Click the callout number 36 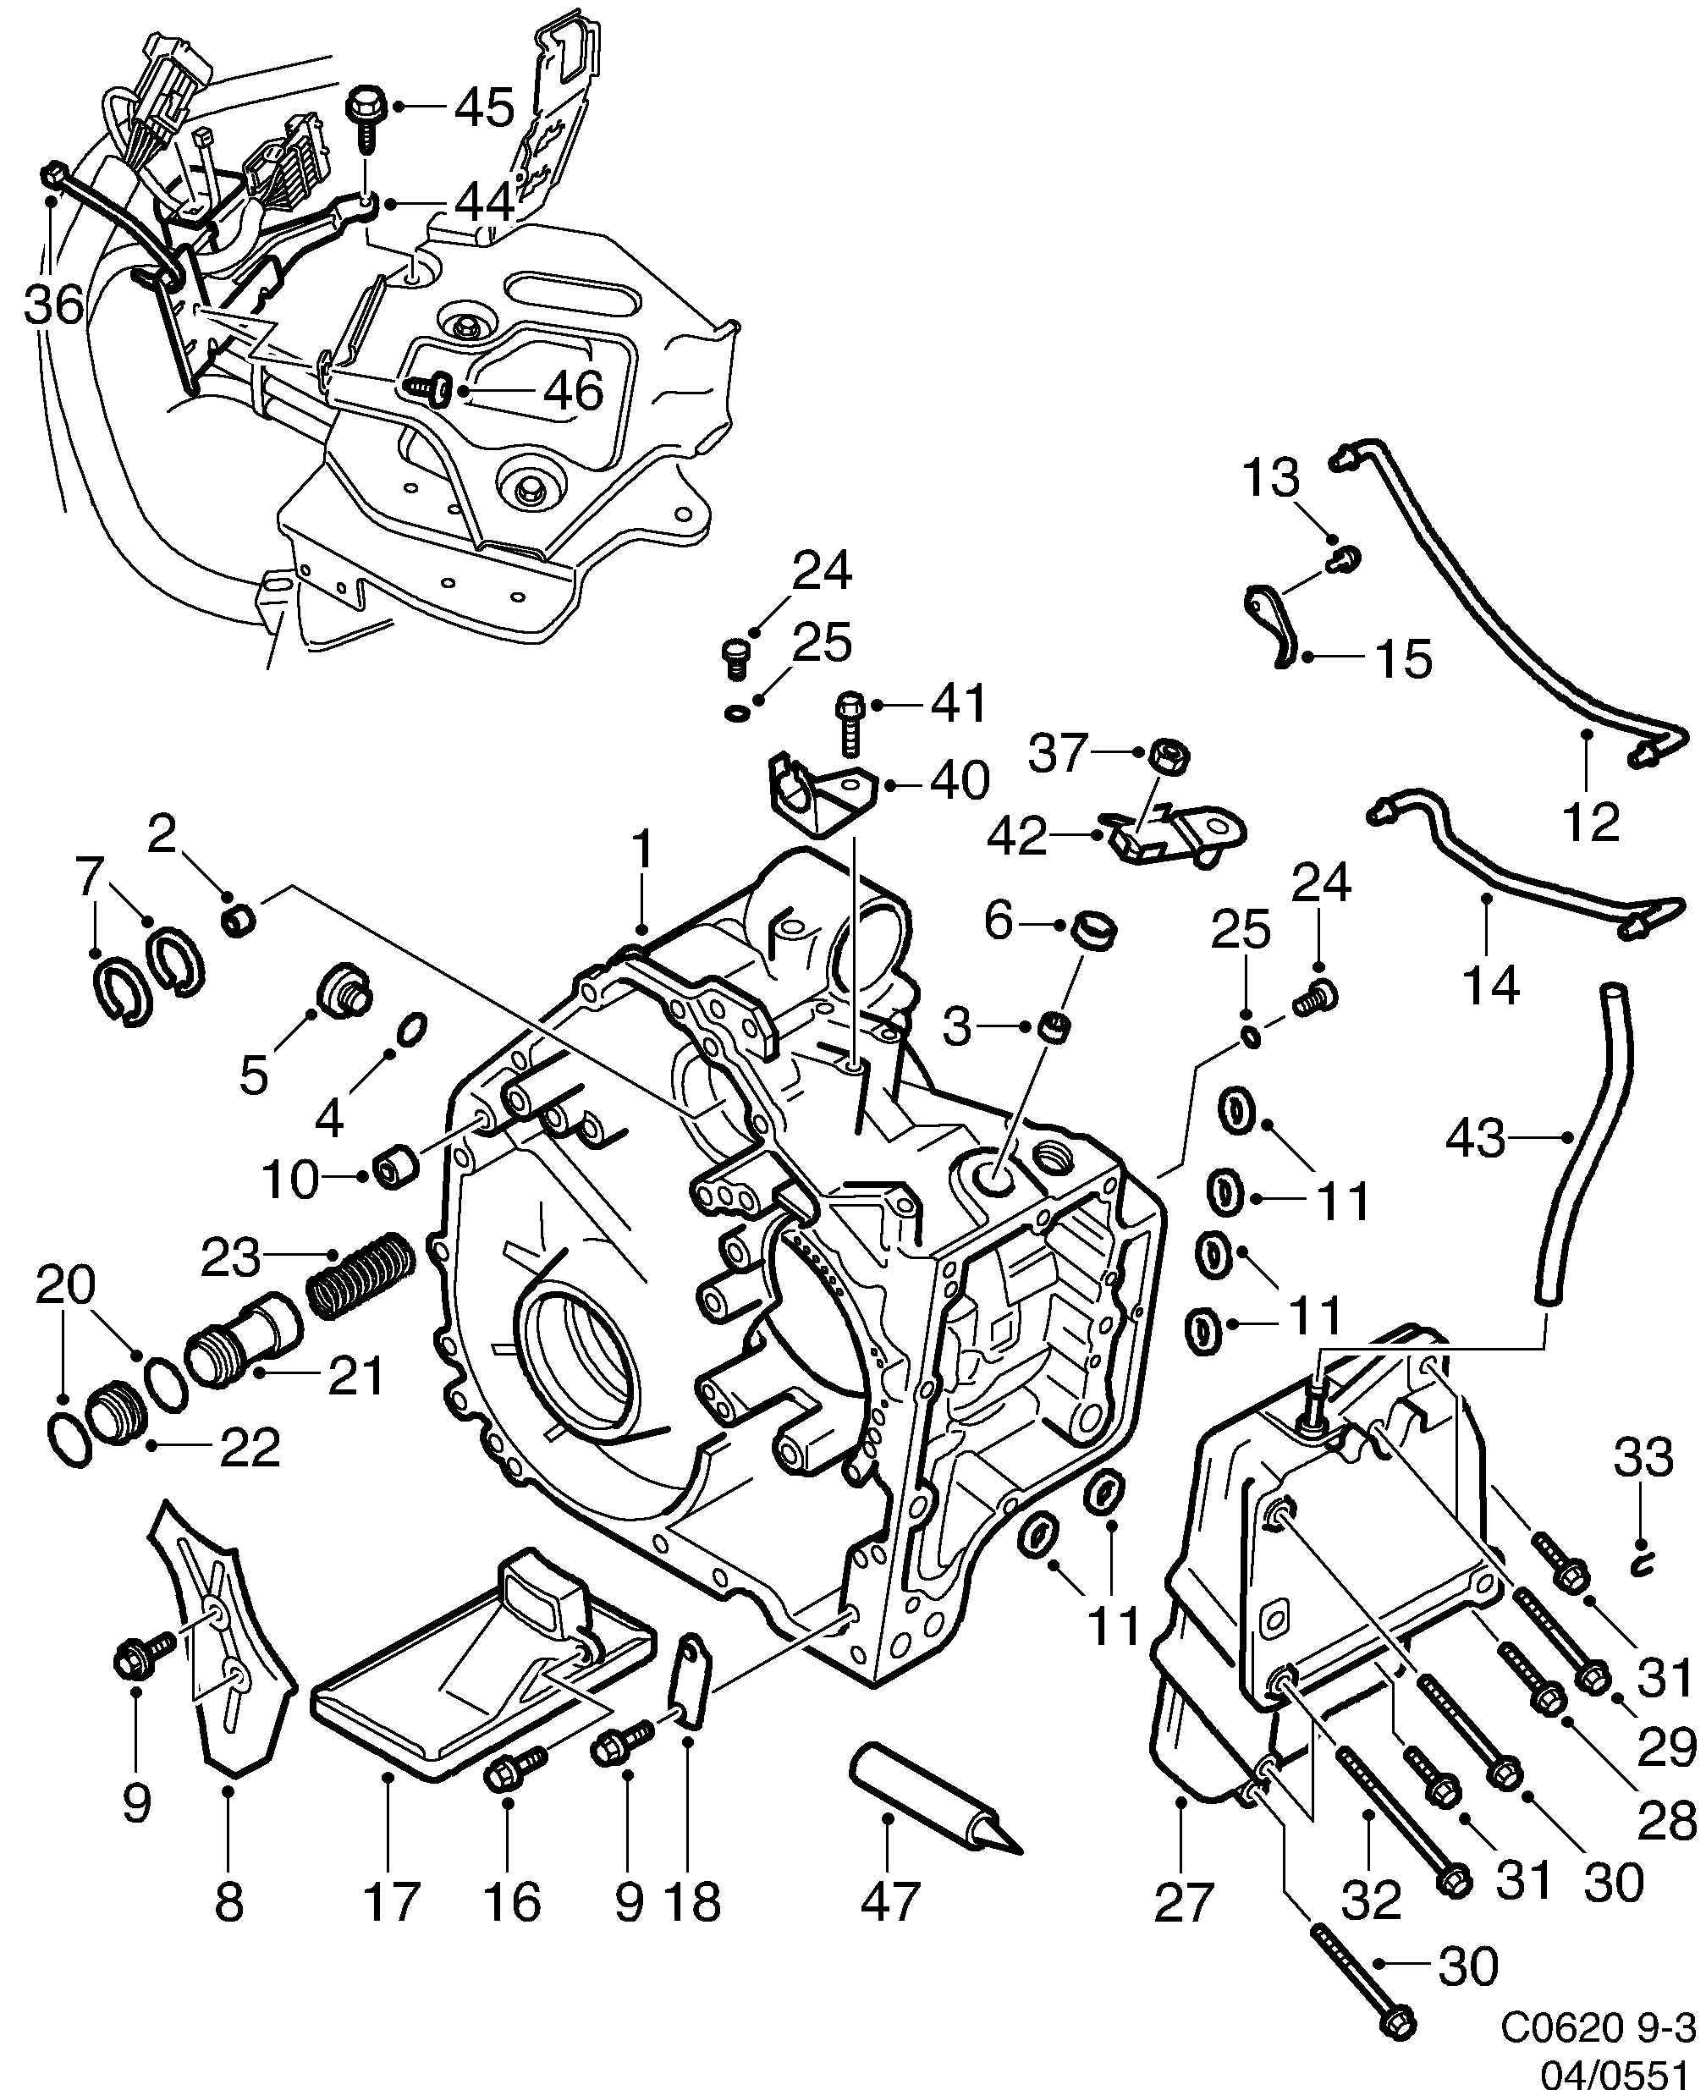[x=54, y=305]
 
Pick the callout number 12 [x=1590, y=822]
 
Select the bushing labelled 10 [x=398, y=1168]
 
